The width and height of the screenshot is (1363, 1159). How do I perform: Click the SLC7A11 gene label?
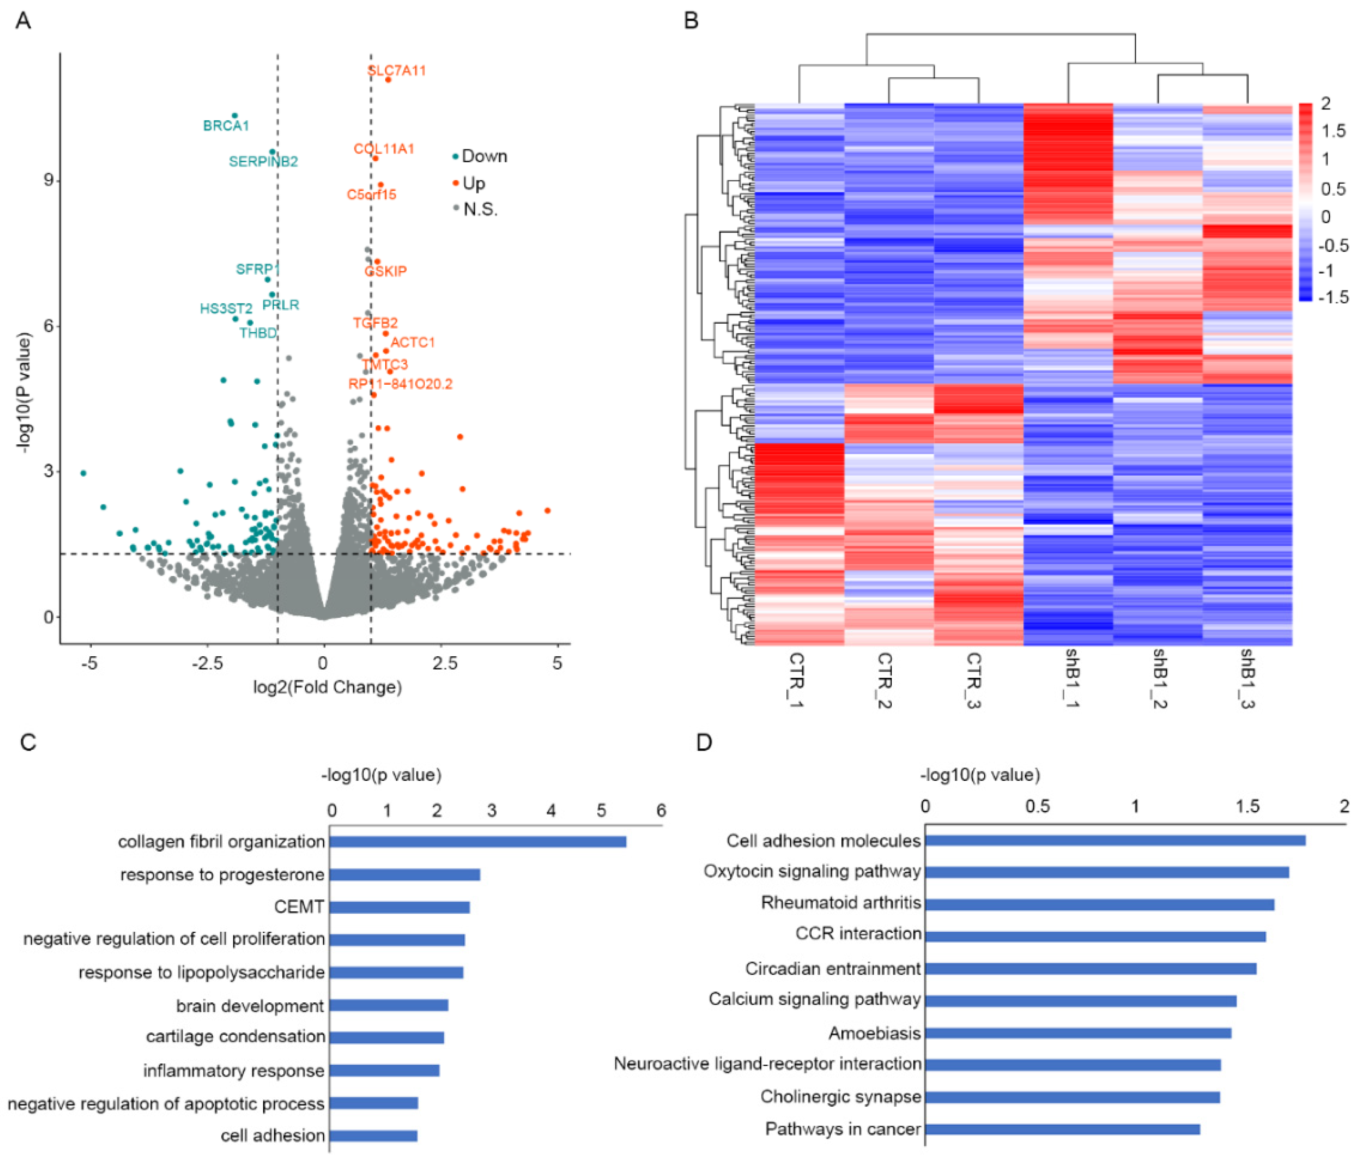tap(396, 70)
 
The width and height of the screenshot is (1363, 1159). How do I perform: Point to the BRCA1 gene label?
tap(226, 125)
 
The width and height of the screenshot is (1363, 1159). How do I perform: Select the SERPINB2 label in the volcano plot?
tap(263, 161)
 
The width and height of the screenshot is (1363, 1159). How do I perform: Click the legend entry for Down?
tap(484, 156)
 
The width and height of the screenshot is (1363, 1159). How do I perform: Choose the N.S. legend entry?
tap(480, 210)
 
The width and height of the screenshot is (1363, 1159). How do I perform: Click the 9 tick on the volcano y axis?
tap(48, 180)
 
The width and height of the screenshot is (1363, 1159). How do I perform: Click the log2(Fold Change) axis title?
tap(327, 687)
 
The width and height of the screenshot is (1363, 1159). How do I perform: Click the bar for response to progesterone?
tap(404, 874)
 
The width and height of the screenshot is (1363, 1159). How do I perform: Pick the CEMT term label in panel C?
tap(299, 907)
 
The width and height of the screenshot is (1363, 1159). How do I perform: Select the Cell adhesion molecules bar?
tap(1115, 841)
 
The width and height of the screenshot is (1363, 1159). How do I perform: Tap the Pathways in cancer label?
tap(843, 1129)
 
